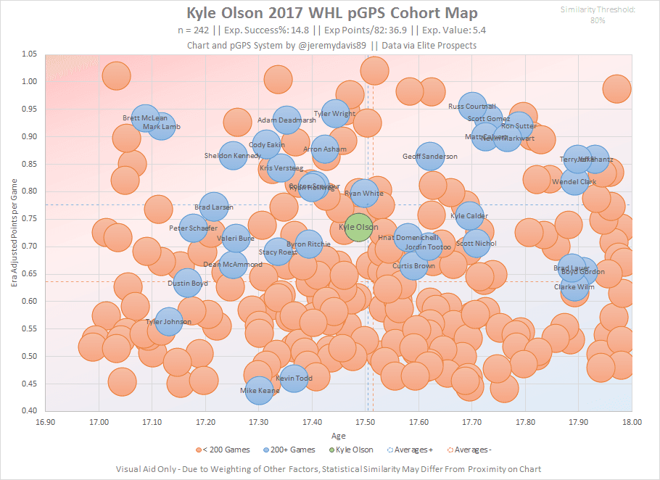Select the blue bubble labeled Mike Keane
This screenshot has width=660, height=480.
coord(260,391)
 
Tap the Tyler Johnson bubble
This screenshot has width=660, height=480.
coord(168,322)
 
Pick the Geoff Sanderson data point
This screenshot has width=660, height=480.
coord(430,157)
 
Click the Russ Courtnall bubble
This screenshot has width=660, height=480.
coord(472,107)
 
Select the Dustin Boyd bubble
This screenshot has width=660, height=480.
coord(188,284)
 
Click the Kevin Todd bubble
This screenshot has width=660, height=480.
coord(294,378)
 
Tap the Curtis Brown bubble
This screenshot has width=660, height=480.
coord(413,266)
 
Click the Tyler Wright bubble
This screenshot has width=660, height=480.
coord(335,114)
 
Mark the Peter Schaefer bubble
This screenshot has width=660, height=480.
coord(193,228)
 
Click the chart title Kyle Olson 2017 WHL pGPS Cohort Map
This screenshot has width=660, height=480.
coord(332,14)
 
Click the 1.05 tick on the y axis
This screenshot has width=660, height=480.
coord(30,54)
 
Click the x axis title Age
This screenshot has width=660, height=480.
coord(338,435)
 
